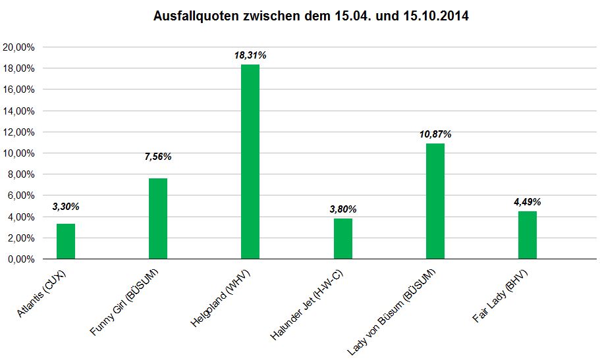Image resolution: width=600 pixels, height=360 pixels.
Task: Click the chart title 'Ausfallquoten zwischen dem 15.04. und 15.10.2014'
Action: (x=310, y=15)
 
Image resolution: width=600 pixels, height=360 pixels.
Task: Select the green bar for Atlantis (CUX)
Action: (x=66, y=242)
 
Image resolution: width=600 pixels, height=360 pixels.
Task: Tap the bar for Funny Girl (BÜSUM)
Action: (x=158, y=219)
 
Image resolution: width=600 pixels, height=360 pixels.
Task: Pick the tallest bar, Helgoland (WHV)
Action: (x=250, y=162)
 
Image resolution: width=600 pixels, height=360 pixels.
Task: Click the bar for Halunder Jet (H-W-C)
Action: (x=343, y=239)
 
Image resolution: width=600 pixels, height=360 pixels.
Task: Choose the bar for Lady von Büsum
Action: (x=435, y=201)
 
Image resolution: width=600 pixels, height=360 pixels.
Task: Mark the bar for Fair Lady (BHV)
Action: (x=528, y=235)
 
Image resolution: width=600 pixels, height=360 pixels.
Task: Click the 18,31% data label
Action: (x=250, y=56)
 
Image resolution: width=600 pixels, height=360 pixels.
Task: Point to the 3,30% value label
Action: (x=66, y=207)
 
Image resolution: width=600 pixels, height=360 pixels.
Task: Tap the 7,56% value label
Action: (x=158, y=157)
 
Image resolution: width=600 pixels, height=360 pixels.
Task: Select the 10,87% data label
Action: (x=435, y=134)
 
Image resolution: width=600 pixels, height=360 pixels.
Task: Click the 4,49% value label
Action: (x=528, y=202)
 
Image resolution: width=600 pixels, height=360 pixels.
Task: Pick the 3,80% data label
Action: (x=343, y=209)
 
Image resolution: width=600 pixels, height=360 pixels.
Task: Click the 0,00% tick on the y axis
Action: (x=21, y=259)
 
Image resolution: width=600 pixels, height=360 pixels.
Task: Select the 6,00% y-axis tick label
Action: (x=21, y=195)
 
